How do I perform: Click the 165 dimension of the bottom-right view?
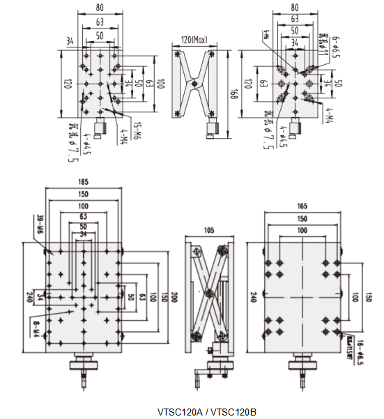[x=302, y=206]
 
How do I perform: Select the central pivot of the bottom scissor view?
[x=208, y=286]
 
